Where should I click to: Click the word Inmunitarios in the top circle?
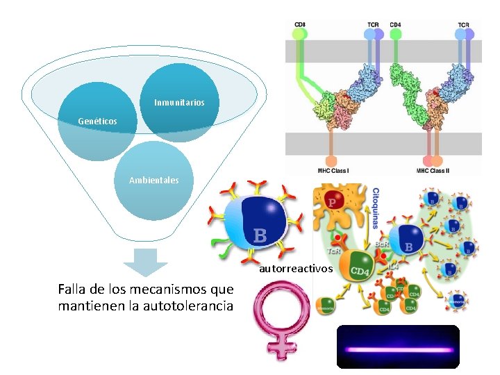[x=179, y=103]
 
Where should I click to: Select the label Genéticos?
[x=97, y=122]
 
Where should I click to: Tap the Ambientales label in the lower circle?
[x=153, y=181]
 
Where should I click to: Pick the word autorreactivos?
[x=296, y=268]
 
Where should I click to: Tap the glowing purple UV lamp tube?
[x=398, y=350]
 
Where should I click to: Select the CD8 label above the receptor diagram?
[x=299, y=25]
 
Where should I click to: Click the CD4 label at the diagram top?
[x=395, y=25]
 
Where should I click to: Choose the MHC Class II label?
[x=433, y=170]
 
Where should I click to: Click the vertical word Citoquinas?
[x=376, y=208]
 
